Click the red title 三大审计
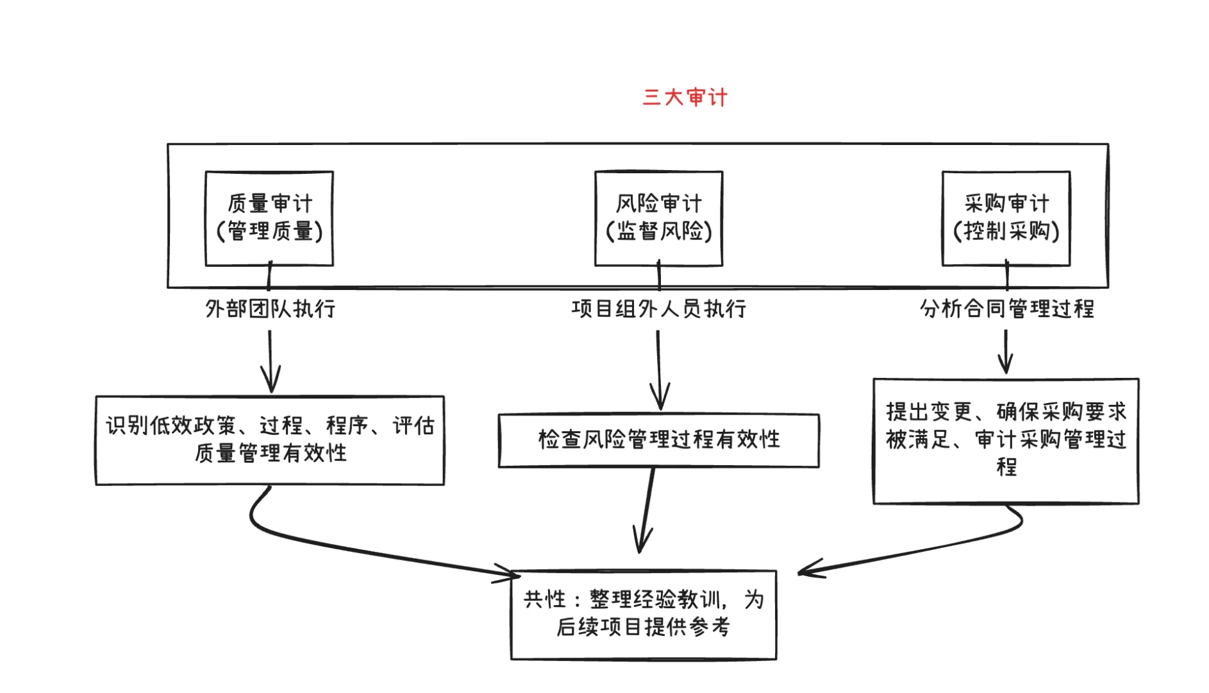685,98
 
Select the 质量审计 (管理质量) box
269,218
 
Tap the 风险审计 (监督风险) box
658,218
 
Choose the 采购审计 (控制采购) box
1006,218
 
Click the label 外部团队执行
270,309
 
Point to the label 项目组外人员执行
658,309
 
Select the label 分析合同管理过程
1006,309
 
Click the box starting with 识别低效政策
270,440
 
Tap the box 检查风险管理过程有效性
658,440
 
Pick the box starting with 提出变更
1006,441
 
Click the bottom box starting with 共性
643,614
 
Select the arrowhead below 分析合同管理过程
1006,366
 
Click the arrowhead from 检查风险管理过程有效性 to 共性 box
641,543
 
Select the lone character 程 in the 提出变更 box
1006,466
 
